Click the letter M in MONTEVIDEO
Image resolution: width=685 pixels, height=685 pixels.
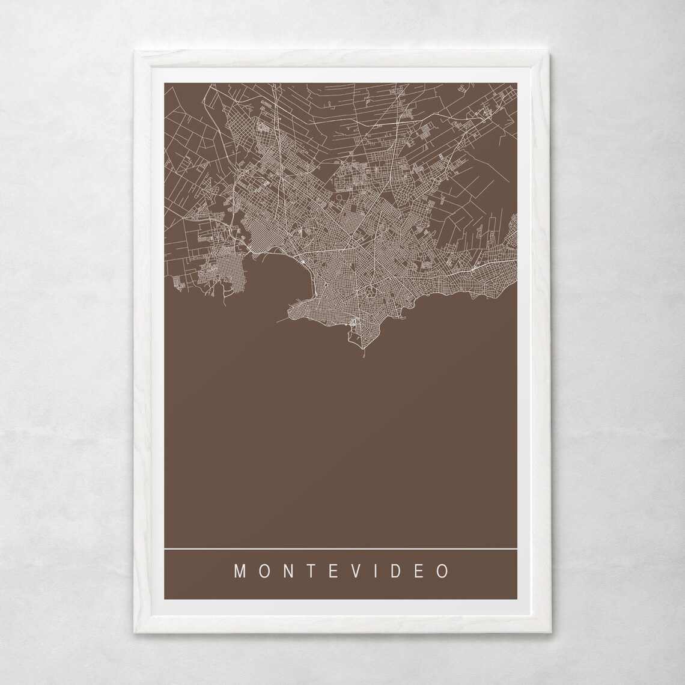[239, 571]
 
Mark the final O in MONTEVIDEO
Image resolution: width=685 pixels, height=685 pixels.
[443, 571]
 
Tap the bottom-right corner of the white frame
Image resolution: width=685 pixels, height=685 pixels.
[551, 636]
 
